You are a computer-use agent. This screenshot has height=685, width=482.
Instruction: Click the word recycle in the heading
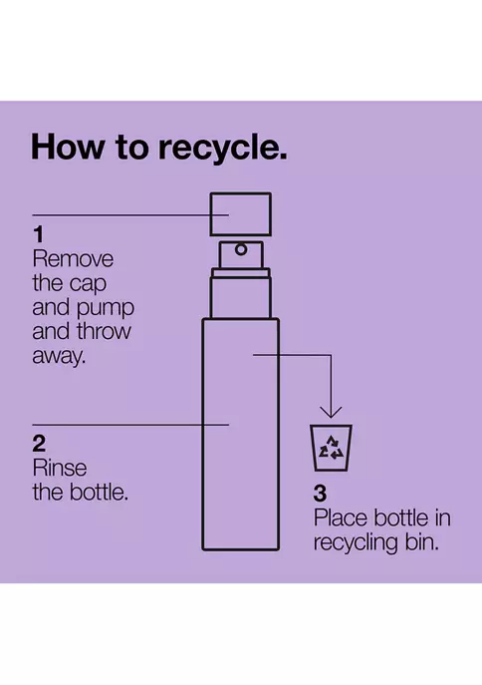[222, 148]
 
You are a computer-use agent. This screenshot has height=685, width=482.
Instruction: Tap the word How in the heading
[68, 147]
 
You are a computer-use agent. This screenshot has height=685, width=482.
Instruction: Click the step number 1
[39, 234]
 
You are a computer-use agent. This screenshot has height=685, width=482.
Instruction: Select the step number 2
[39, 444]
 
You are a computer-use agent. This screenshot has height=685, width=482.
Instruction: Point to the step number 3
[320, 494]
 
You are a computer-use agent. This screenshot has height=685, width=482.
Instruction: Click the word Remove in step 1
[73, 259]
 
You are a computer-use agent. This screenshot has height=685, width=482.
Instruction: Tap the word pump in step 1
[106, 309]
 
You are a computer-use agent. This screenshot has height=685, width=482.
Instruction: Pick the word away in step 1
[59, 357]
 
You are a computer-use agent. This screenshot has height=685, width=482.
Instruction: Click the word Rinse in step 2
[60, 469]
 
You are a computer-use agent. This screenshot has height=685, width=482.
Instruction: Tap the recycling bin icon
[331, 448]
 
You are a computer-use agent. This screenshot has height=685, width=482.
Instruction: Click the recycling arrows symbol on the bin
[331, 448]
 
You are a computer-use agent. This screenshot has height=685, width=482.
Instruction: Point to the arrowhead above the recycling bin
[331, 412]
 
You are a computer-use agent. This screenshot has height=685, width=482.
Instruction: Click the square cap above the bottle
[240, 214]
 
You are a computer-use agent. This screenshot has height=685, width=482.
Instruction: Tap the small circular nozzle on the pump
[241, 250]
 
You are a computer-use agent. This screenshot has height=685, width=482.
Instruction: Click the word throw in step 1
[104, 331]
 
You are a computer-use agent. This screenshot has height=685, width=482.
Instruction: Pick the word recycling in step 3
[356, 543]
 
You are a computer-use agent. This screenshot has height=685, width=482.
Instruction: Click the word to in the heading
[131, 148]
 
